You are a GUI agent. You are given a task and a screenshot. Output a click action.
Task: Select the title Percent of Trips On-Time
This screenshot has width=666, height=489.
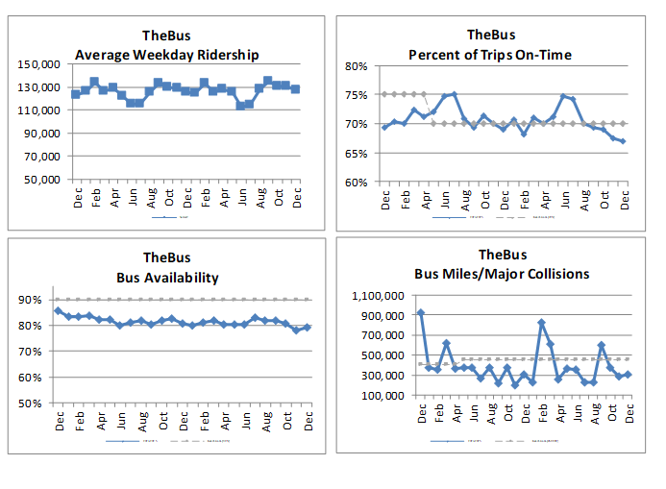(x=490, y=55)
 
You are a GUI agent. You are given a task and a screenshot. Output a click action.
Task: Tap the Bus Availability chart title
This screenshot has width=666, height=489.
(x=167, y=278)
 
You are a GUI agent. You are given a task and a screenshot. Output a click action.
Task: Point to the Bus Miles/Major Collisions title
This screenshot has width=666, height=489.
(x=501, y=274)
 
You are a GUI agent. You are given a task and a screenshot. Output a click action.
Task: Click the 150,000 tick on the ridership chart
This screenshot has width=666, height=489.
(x=39, y=64)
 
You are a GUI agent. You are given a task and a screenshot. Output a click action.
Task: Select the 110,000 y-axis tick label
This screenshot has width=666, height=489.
(x=39, y=110)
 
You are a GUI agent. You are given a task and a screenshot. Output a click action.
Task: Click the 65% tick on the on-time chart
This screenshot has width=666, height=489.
(x=357, y=153)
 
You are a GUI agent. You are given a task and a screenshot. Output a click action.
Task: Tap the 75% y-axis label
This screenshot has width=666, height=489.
(x=357, y=95)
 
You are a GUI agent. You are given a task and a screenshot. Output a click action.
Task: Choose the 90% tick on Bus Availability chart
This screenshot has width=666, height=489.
(x=32, y=300)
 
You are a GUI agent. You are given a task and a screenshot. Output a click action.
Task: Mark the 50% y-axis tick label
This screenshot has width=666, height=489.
(x=32, y=403)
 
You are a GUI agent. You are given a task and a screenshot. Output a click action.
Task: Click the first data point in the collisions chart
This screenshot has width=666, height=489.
(x=421, y=313)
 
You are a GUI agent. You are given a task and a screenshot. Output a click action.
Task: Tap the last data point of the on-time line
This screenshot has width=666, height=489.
(x=624, y=141)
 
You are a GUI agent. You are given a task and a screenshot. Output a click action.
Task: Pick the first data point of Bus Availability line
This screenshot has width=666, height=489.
(x=59, y=310)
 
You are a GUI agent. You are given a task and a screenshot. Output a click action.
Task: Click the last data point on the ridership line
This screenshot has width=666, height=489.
(x=295, y=88)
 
